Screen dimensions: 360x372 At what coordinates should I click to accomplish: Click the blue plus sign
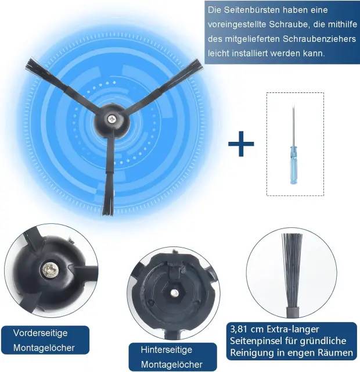pos(241,144)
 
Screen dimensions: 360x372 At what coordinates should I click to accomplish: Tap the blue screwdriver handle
pos(294,165)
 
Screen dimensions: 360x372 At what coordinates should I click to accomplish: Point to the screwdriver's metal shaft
pos(293,125)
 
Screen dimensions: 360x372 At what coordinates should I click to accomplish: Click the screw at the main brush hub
pos(111,119)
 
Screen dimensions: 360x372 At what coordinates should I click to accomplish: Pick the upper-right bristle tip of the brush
pos(197,65)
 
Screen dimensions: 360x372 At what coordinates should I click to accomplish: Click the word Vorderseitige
pos(40,333)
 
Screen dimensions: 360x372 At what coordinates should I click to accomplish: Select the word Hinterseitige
pos(167,350)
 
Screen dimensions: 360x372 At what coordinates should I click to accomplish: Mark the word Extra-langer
pos(293,330)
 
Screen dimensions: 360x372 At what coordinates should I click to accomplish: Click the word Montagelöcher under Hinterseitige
pos(172,364)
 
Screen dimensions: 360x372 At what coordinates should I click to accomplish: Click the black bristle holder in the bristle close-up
pos(293,312)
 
